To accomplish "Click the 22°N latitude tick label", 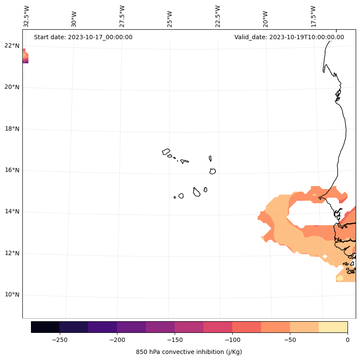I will click(11, 46).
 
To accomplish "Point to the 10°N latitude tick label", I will click(11, 295).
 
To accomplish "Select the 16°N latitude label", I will click(11, 171).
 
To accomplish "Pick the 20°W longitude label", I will click(265, 18).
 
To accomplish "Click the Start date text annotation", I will click(83, 37).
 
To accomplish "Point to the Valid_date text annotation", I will click(289, 37).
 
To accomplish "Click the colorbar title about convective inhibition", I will click(189, 352).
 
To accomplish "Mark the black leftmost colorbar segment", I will click(45, 327).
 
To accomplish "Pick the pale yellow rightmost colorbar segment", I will click(333, 327).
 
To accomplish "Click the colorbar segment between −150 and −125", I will click(189, 327).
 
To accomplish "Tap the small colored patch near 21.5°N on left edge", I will click(25, 56).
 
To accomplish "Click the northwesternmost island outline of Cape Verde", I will click(166, 152).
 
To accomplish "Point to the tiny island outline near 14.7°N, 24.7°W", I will click(175, 197).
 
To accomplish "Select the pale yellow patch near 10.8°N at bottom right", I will click(340, 278).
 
